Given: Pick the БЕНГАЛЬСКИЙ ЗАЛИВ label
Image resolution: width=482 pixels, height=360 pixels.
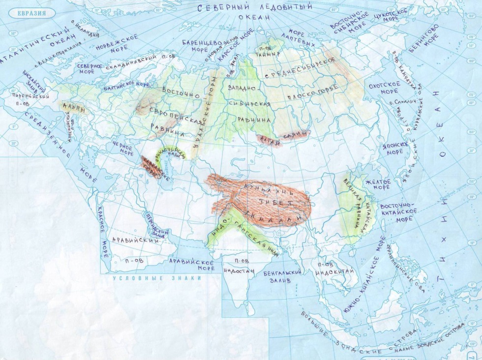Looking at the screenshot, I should [285, 276].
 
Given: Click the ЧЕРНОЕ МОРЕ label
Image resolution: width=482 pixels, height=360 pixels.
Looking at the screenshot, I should [123, 149].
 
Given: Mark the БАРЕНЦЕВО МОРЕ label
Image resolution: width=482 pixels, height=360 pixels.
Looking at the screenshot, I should [199, 46].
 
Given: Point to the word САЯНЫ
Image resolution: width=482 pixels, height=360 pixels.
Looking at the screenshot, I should [295, 134].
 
